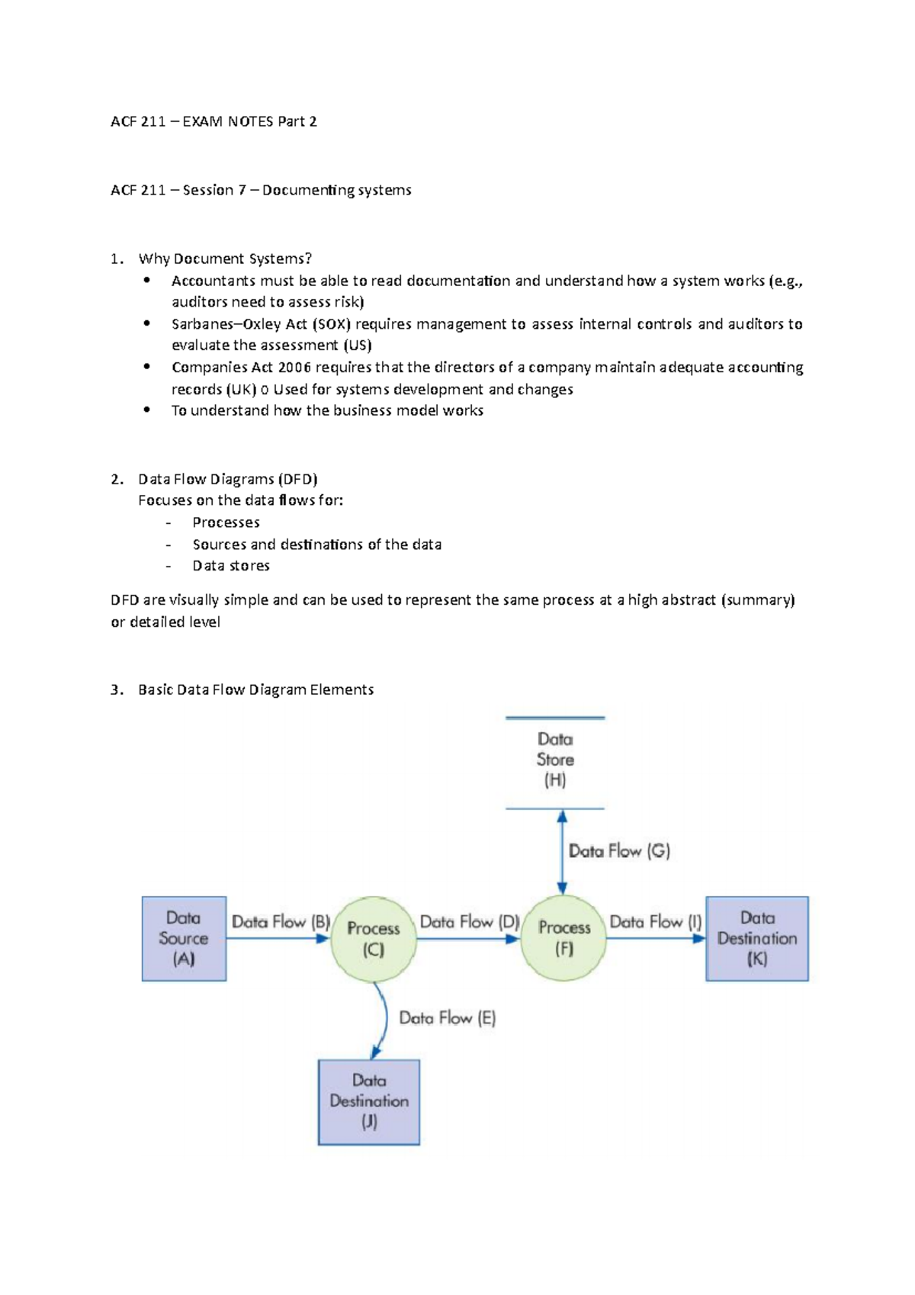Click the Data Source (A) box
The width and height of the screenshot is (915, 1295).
[184, 938]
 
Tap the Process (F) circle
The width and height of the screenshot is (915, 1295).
[564, 938]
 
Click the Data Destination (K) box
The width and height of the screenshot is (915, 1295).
[756, 938]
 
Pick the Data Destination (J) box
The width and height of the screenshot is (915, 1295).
[369, 1101]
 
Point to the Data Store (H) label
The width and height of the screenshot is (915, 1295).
[555, 760]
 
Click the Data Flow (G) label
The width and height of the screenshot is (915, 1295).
[619, 851]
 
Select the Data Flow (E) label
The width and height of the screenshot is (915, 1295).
[448, 1018]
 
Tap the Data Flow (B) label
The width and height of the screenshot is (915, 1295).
[281, 922]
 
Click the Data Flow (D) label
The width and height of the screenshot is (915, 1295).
[469, 922]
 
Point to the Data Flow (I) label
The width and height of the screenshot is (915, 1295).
[655, 922]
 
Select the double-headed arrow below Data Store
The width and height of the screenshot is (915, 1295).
[562, 852]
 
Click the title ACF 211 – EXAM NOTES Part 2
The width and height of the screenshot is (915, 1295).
[213, 121]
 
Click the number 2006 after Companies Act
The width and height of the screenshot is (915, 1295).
[294, 368]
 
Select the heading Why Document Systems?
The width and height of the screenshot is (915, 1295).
[225, 259]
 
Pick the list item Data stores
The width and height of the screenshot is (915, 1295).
[231, 566]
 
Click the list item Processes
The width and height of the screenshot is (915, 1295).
[226, 522]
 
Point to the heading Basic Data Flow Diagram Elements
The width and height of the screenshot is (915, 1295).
[255, 689]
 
